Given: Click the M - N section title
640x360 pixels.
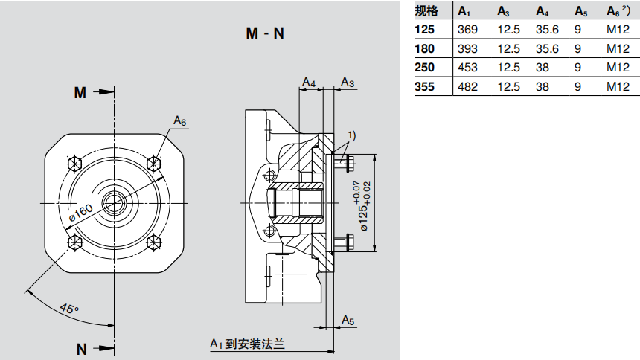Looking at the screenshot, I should (264, 33).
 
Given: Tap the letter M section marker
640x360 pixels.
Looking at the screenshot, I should (80, 92).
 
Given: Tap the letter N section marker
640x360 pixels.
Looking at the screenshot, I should (81, 349).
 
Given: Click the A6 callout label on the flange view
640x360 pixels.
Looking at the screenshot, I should (180, 120).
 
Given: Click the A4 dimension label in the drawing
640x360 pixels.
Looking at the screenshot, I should (309, 81).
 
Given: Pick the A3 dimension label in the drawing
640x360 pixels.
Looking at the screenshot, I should (348, 81).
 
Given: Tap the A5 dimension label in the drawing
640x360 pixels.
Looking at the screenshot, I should (348, 319).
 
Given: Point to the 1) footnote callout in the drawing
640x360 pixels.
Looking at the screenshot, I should (351, 135).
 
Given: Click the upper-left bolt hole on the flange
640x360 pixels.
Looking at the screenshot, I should (74, 163).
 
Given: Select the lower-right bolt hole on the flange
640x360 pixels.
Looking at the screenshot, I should (154, 241).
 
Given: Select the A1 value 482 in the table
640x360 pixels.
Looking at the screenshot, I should (467, 86).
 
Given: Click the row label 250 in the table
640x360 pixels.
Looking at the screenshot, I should (424, 68).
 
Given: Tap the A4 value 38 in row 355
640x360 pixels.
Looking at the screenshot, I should (543, 86).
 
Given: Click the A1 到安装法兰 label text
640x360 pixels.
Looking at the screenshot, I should (248, 344).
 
